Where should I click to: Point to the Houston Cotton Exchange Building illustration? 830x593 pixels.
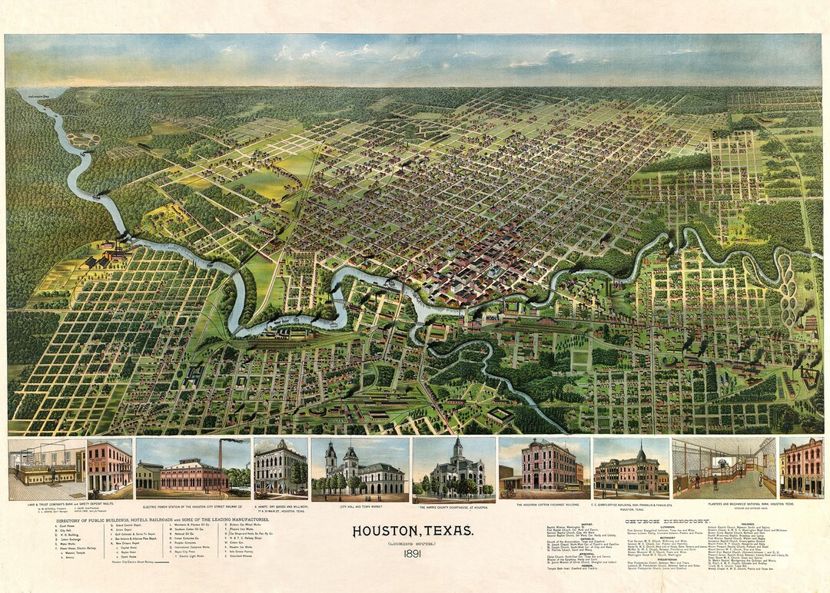(544, 469)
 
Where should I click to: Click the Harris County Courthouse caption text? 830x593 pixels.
(454, 508)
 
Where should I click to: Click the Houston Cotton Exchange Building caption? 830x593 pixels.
(544, 505)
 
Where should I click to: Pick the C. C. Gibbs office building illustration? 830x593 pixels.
(631, 469)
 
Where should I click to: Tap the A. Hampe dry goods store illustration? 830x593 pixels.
(281, 469)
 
